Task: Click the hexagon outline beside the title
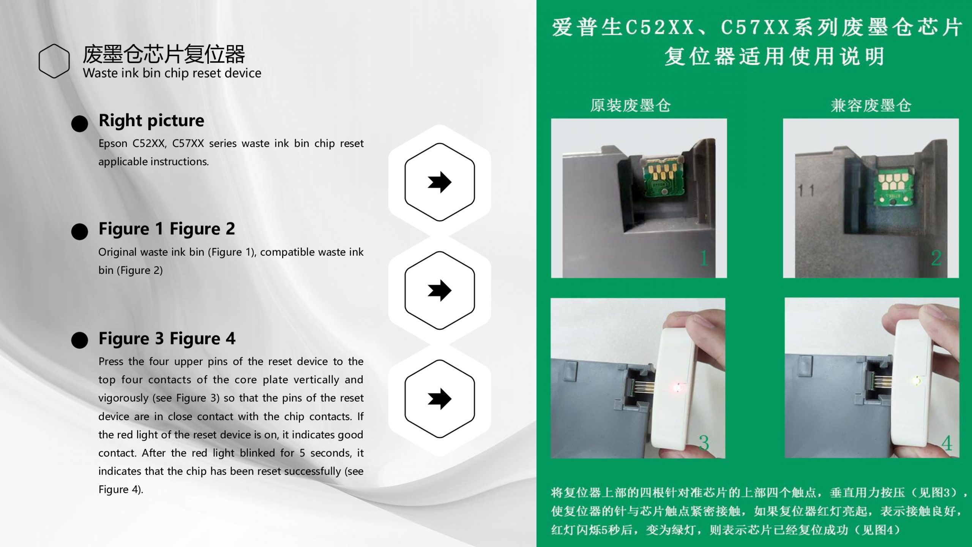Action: [39, 61]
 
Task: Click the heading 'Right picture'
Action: [151, 121]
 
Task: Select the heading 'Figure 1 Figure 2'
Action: [167, 229]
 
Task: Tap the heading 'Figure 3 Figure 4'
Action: [167, 338]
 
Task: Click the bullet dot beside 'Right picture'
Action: [80, 124]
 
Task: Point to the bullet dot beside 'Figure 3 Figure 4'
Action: [80, 340]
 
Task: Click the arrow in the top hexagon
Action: [440, 182]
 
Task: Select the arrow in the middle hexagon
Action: [440, 291]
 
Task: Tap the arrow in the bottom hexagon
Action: [440, 399]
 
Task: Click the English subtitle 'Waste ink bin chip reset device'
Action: [172, 73]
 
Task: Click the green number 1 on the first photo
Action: [704, 258]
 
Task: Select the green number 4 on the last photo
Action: [947, 443]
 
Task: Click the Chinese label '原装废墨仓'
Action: [631, 106]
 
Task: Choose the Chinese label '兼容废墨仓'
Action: [871, 106]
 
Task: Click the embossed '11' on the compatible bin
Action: [806, 190]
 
